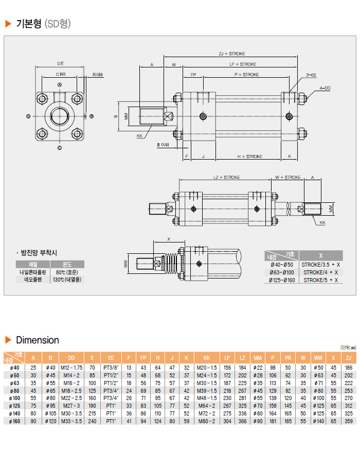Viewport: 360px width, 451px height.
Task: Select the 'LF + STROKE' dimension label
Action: pos(243,64)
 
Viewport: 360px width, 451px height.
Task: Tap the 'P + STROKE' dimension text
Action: pos(247,75)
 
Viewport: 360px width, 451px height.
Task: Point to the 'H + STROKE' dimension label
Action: pos(250,157)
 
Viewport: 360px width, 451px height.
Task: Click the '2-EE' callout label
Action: pos(311,75)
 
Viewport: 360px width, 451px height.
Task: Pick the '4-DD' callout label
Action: pos(325,88)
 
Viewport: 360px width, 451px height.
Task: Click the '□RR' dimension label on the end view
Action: pos(60,75)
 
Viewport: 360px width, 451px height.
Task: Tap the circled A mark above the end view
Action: pos(60,84)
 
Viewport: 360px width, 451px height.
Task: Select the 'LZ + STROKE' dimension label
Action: pos(226,177)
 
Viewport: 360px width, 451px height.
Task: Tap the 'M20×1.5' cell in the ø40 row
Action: pos(207,368)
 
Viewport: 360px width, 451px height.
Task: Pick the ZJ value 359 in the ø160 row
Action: pos(349,421)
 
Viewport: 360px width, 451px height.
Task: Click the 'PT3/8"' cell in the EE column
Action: pos(112,368)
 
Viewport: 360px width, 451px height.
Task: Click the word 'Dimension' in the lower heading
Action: pos(38,340)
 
